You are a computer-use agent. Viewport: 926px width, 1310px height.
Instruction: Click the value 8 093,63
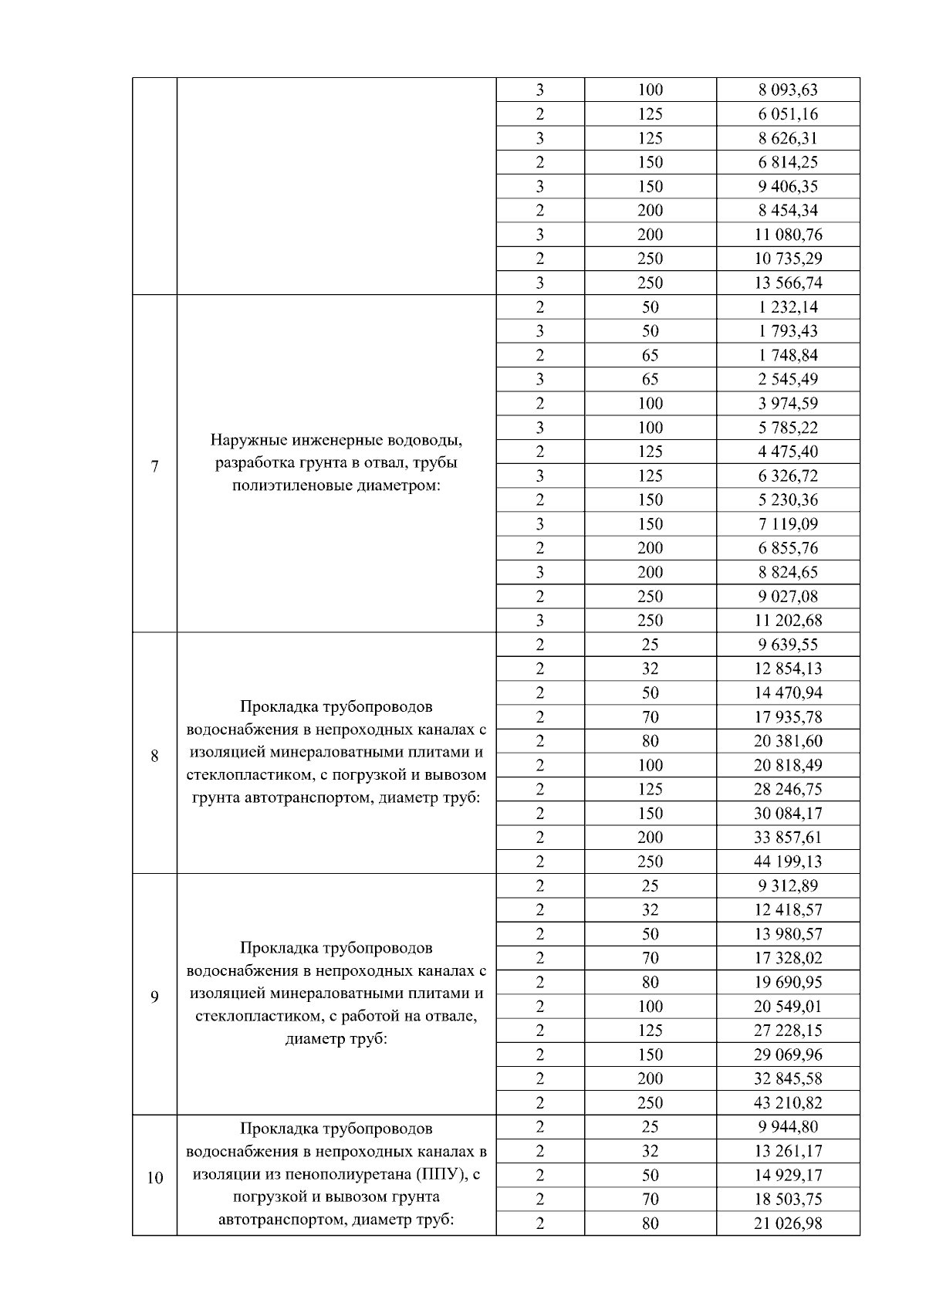(x=788, y=90)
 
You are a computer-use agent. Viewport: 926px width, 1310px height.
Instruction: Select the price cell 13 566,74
(x=788, y=283)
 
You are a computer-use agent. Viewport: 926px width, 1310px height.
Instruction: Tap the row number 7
(x=154, y=467)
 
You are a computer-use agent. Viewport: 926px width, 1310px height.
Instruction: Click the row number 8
(x=154, y=756)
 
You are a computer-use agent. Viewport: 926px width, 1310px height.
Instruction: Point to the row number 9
(x=154, y=997)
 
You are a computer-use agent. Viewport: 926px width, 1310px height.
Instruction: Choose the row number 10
(x=154, y=1178)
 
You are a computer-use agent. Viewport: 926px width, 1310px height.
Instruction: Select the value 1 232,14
(x=788, y=307)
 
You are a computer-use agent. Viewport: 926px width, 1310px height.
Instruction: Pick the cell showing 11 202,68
(x=788, y=621)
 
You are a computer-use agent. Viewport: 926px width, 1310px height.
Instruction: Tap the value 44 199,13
(x=788, y=861)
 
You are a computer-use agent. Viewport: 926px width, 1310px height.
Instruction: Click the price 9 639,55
(x=788, y=645)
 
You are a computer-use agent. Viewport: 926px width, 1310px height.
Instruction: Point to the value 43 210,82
(x=788, y=1102)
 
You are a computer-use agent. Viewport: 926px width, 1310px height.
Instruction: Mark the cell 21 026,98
(x=788, y=1223)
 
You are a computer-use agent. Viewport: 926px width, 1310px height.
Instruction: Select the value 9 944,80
(x=788, y=1127)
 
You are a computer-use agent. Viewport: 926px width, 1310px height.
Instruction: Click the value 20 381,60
(x=788, y=741)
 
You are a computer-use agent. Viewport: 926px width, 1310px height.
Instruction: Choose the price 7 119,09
(x=788, y=524)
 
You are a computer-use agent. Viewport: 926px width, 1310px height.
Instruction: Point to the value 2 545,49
(x=788, y=379)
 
